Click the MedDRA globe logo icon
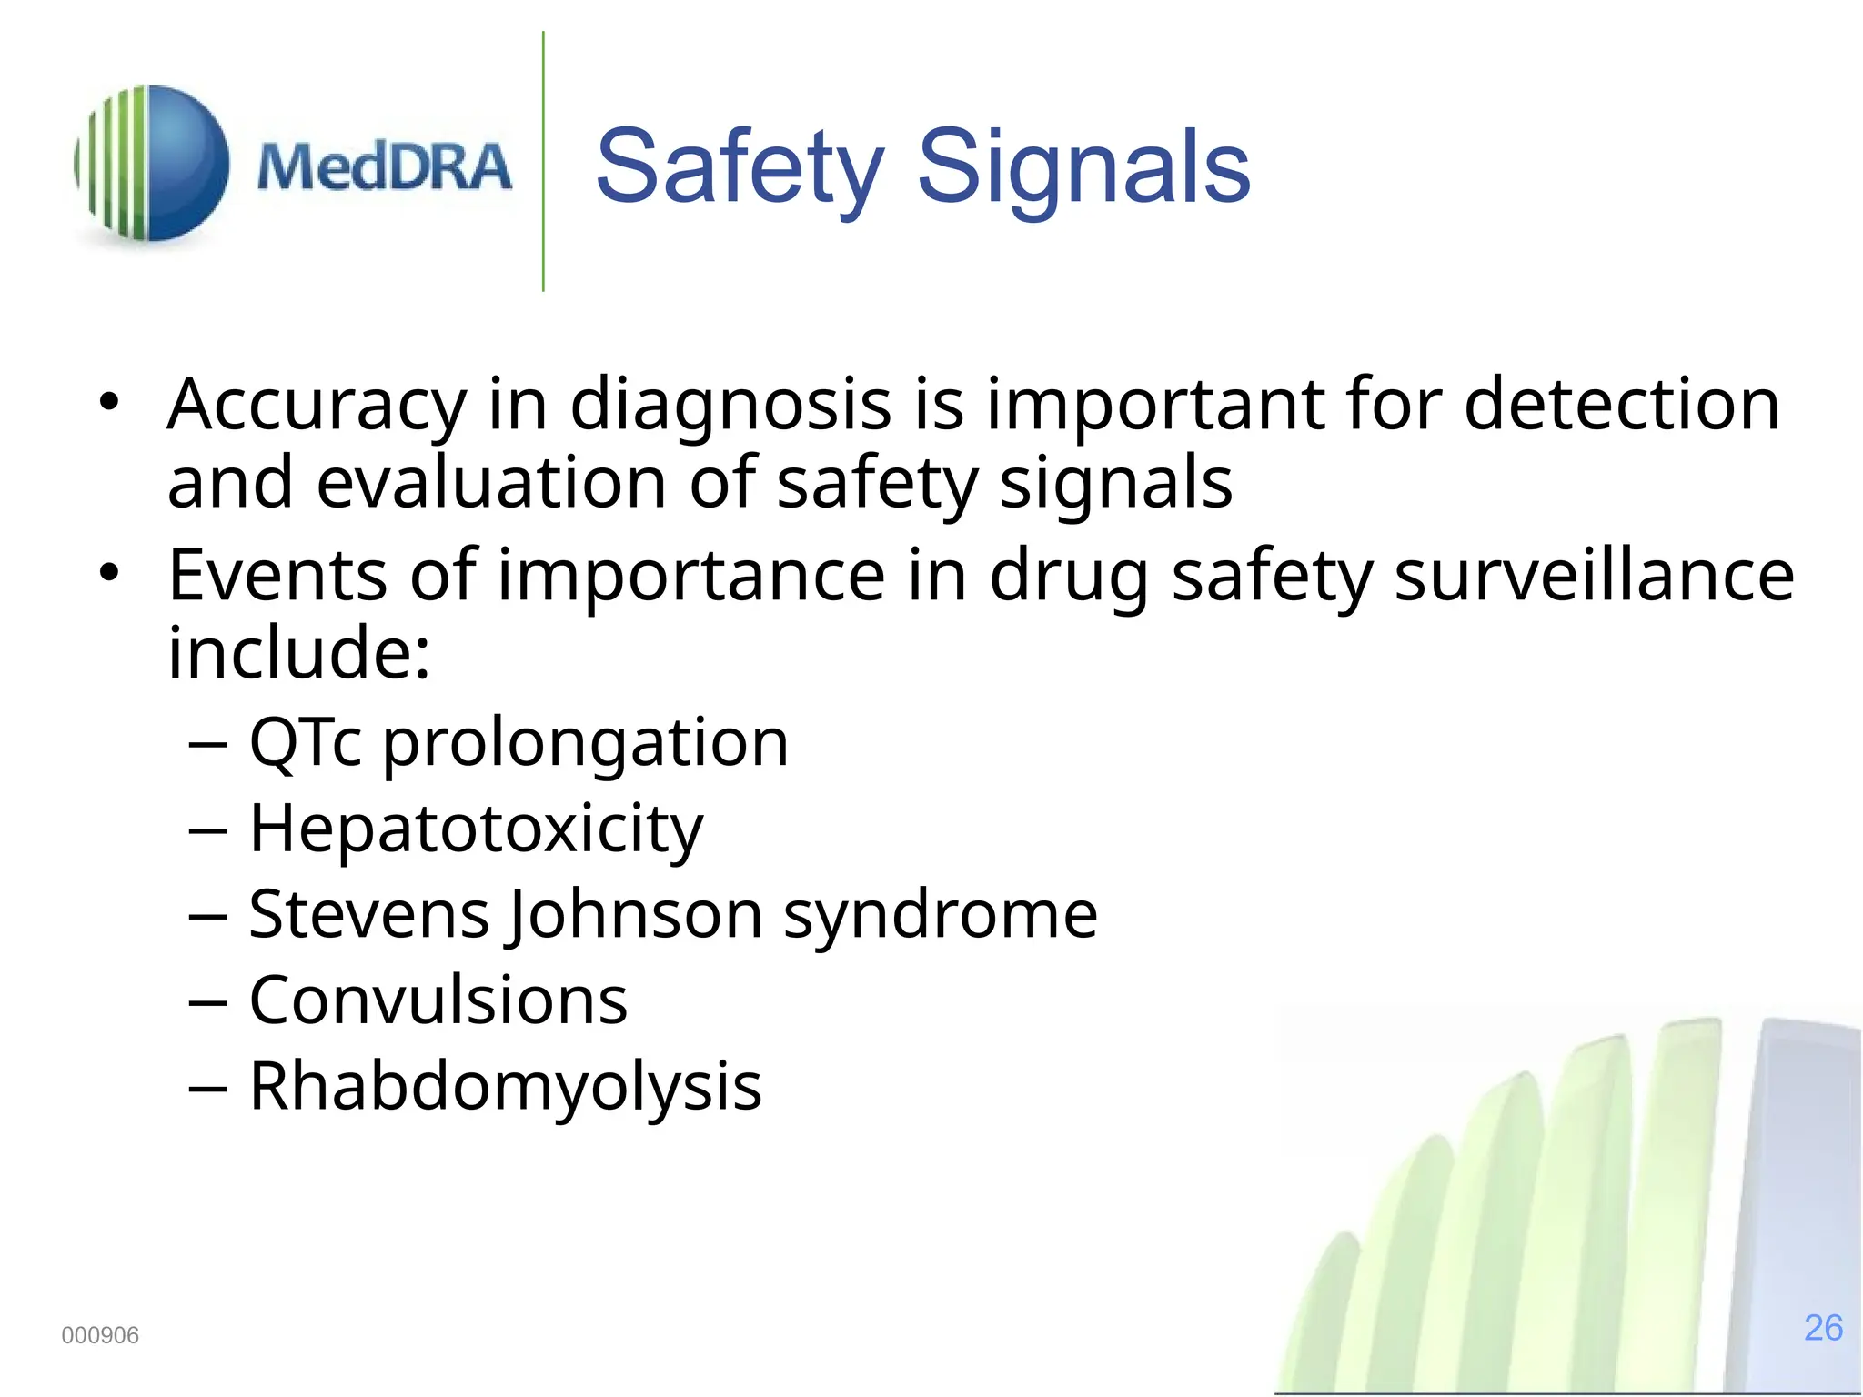pyautogui.click(x=152, y=164)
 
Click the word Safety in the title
pyautogui.click(x=740, y=167)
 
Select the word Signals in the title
pyautogui.click(x=1083, y=167)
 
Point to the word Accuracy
pyautogui.click(x=317, y=405)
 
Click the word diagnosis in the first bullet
pyautogui.click(x=730, y=405)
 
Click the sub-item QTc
pyautogui.click(x=306, y=743)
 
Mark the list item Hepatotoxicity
pyautogui.click(x=476, y=829)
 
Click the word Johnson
pyautogui.click(x=635, y=915)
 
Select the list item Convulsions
pyautogui.click(x=438, y=1000)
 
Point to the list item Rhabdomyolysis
pyautogui.click(x=505, y=1087)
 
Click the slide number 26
pyautogui.click(x=1823, y=1328)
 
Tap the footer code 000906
pyautogui.click(x=100, y=1335)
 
